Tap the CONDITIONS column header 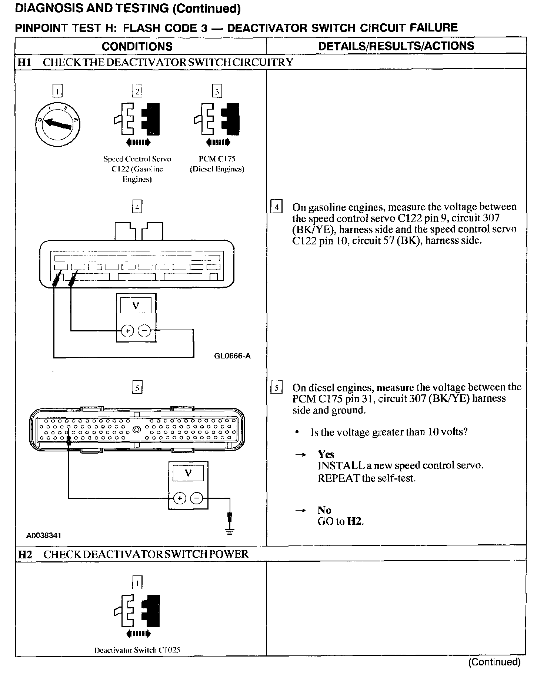pyautogui.click(x=137, y=46)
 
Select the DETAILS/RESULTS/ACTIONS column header pyautogui.click(x=396, y=46)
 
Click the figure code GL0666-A pyautogui.click(x=232, y=356)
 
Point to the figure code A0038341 pyautogui.click(x=44, y=535)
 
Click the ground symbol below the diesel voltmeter pyautogui.click(x=230, y=531)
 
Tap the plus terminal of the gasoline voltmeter pyautogui.click(x=127, y=330)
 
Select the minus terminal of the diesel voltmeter pyautogui.click(x=197, y=498)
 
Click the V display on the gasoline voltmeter pyautogui.click(x=136, y=306)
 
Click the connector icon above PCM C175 pyautogui.click(x=217, y=119)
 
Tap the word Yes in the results pyautogui.click(x=326, y=454)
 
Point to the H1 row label pyautogui.click(x=25, y=62)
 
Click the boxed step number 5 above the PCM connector pyautogui.click(x=137, y=388)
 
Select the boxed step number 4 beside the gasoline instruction pyautogui.click(x=276, y=207)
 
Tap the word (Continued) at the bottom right pyautogui.click(x=494, y=662)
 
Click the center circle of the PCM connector pyautogui.click(x=137, y=430)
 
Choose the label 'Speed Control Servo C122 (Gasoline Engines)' pyautogui.click(x=137, y=169)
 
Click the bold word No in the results pyautogui.click(x=324, y=510)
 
